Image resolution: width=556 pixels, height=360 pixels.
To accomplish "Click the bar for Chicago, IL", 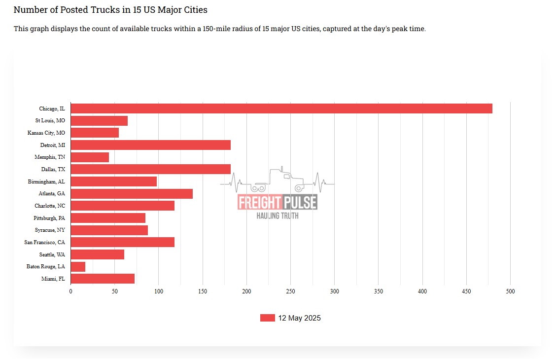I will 281,108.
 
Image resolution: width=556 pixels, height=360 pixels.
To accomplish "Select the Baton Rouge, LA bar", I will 78,267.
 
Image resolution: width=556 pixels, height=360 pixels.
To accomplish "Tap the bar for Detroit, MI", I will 150,145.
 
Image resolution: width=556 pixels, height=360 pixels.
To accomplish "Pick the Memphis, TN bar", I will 90,157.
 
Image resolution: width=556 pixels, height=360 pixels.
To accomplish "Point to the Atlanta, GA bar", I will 132,194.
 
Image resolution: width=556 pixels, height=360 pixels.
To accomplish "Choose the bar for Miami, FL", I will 103,279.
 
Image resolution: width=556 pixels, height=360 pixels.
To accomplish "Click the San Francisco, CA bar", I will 122,242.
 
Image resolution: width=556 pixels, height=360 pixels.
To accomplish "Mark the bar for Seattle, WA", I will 97,254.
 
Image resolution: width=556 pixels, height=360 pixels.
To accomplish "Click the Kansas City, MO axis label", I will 46,133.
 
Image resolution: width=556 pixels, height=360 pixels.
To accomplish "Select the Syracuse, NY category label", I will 50,230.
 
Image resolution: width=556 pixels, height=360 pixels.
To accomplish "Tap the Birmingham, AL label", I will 46,181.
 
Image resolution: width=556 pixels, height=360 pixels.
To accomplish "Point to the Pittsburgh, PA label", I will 49,218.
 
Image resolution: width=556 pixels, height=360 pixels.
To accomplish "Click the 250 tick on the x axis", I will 290,291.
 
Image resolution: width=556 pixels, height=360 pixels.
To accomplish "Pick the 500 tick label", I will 510,291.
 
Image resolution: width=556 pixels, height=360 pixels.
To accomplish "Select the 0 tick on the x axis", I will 70,291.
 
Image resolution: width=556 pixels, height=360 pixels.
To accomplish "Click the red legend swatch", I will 267,318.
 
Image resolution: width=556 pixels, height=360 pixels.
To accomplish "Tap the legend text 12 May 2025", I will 299,318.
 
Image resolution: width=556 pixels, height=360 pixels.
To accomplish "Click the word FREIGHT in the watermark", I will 259,202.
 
